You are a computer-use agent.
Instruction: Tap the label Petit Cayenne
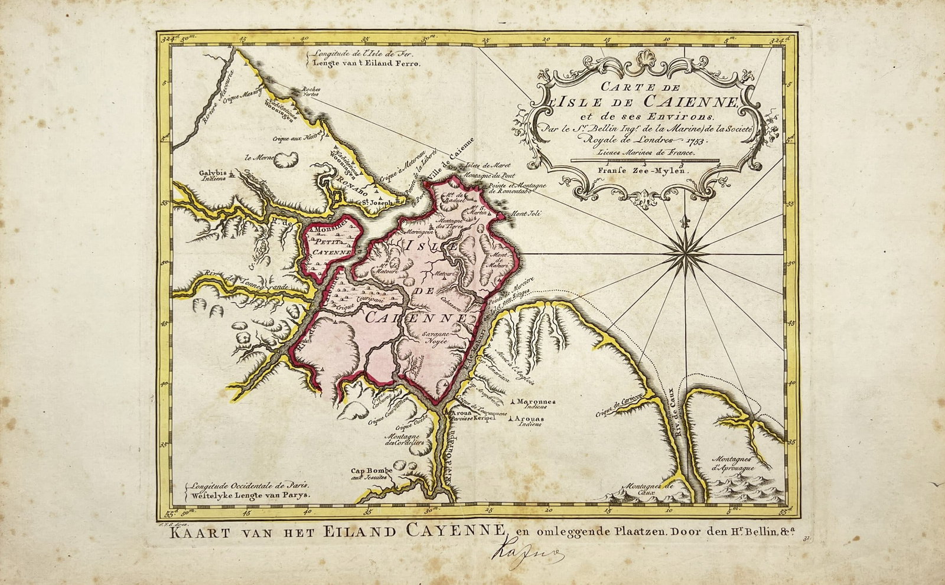[x=331, y=246]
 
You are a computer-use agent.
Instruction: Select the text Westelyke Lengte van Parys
[x=248, y=496]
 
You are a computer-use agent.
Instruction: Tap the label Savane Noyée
[x=436, y=338]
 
